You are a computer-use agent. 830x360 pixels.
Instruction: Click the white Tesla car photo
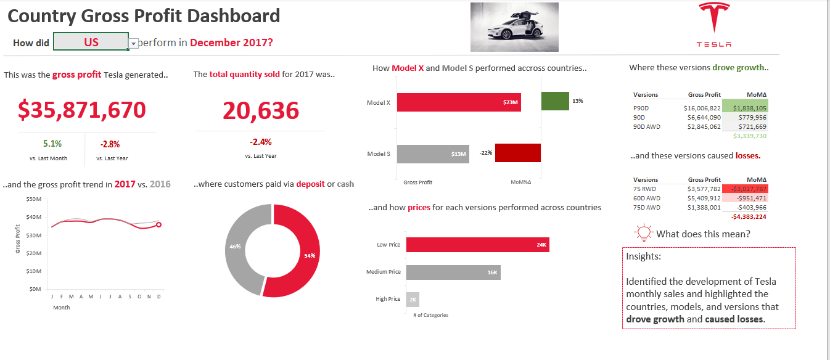pos(514,27)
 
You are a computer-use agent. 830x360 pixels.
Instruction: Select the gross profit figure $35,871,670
pos(82,110)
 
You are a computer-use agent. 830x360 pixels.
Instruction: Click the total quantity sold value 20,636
pos(260,111)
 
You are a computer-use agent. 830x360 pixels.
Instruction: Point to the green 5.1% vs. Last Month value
pos(52,144)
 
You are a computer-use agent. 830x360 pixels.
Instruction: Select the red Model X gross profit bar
pos(459,102)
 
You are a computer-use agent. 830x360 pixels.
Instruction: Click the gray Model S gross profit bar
pos(433,153)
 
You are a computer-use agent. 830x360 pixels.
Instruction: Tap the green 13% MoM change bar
pos(555,101)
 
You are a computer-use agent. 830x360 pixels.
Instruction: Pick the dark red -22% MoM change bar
pos(518,153)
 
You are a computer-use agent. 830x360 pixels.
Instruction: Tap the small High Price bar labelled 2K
pos(413,299)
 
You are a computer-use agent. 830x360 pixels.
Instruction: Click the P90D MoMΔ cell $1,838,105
pos(745,107)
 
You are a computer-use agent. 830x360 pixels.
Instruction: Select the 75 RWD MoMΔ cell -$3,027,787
pos(745,189)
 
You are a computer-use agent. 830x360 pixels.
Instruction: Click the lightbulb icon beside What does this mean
pos(643,232)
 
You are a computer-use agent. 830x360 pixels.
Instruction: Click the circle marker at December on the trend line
pos(158,225)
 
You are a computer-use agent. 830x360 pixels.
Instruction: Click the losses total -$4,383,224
pos(748,217)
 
